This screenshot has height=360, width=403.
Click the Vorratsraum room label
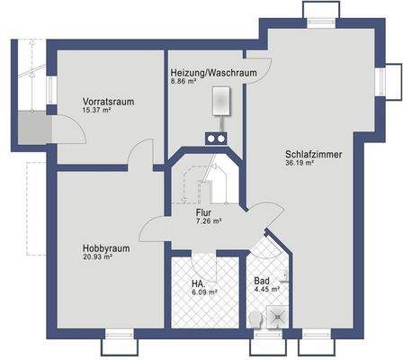coord(108,102)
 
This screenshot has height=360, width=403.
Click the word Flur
coord(203,212)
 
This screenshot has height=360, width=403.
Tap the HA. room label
coord(198,283)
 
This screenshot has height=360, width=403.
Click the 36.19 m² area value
coord(300,164)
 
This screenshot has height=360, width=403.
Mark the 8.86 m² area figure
coord(183,81)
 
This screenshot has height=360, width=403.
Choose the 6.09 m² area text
coord(206,292)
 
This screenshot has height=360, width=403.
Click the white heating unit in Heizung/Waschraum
coord(220,102)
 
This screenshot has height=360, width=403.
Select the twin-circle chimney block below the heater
coord(216,139)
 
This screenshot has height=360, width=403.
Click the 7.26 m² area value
coord(208,221)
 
